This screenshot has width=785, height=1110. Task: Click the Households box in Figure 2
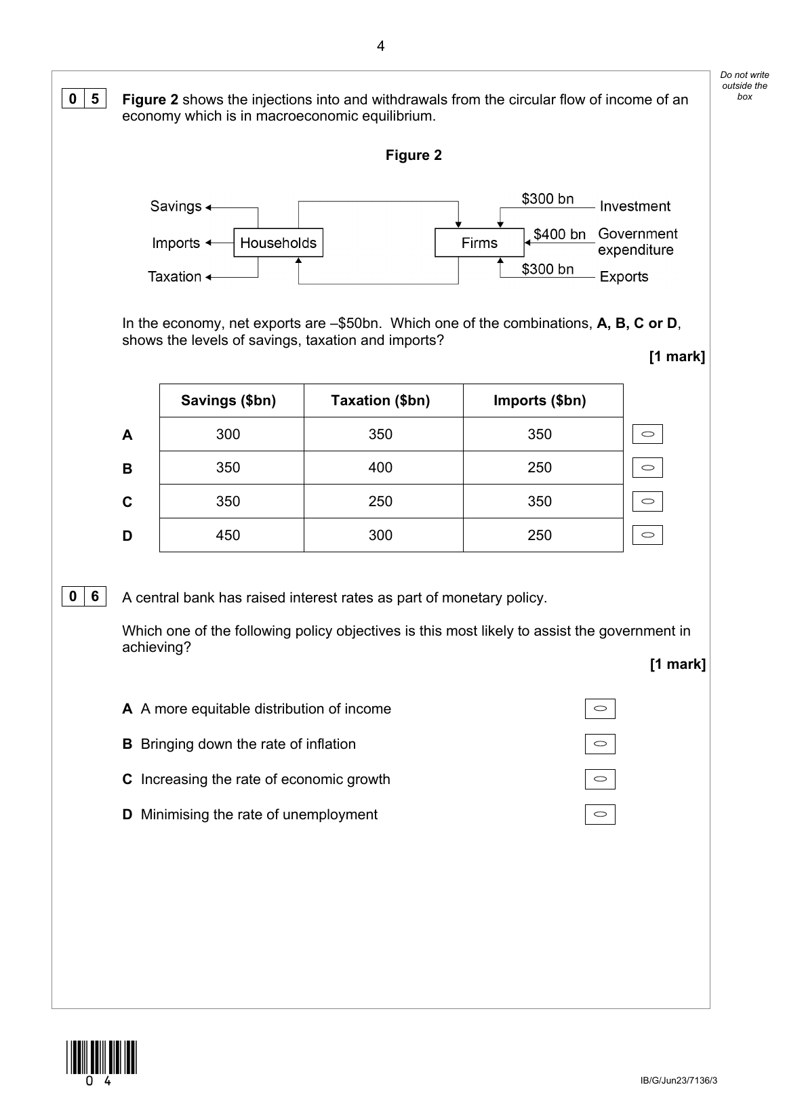pyautogui.click(x=278, y=243)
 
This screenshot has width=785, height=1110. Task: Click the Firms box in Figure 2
pyautogui.click(x=479, y=243)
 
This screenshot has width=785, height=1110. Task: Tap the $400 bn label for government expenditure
pyautogui.click(x=559, y=234)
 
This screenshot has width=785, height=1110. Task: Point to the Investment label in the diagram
pyautogui.click(x=635, y=207)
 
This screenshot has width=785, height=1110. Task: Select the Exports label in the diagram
pyautogui.click(x=624, y=276)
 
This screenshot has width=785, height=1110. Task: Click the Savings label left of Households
pyautogui.click(x=176, y=207)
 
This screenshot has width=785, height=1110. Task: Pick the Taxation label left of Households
pyautogui.click(x=174, y=276)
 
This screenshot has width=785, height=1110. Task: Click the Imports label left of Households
pyautogui.click(x=176, y=243)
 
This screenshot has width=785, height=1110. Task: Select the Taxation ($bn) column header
pyautogui.click(x=380, y=400)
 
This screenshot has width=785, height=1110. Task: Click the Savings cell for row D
pyautogui.click(x=228, y=535)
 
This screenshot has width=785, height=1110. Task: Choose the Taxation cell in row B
pyautogui.click(x=380, y=468)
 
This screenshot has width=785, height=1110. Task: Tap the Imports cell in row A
pyautogui.click(x=540, y=434)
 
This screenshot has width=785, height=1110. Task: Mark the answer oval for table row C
pyautogui.click(x=647, y=501)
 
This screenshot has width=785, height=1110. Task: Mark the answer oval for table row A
pyautogui.click(x=647, y=434)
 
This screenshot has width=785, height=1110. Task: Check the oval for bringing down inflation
pyautogui.click(x=600, y=744)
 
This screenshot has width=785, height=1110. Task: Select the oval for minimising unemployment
pyautogui.click(x=600, y=815)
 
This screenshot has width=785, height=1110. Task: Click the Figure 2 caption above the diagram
pyautogui.click(x=414, y=155)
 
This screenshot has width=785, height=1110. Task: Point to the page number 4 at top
pyautogui.click(x=380, y=46)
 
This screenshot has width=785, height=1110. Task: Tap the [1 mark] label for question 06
pyautogui.click(x=677, y=664)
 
